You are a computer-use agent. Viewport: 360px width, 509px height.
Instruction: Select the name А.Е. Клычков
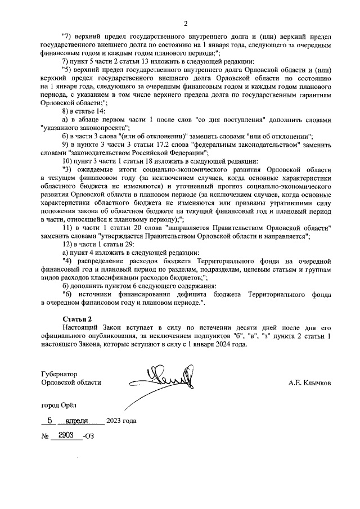coord(309,382)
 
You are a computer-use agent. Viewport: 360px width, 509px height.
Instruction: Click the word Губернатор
coord(59,373)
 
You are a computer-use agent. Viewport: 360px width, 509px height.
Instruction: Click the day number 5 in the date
coord(50,420)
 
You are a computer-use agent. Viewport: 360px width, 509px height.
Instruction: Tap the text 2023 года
coord(121,421)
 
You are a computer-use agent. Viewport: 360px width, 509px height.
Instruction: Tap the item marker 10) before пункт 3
coord(67,160)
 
